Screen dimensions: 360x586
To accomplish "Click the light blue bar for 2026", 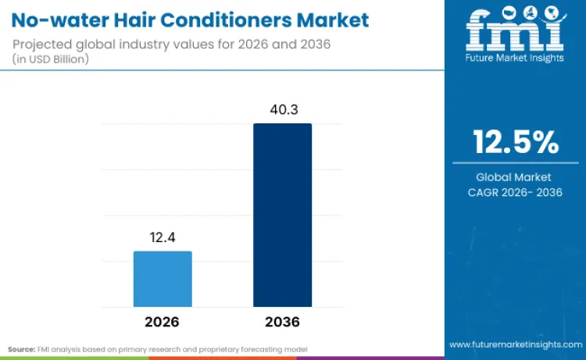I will click(x=163, y=278).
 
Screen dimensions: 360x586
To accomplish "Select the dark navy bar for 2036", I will click(x=282, y=215).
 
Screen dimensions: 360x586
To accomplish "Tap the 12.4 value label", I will click(x=163, y=237).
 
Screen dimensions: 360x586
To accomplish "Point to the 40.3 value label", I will click(x=282, y=109).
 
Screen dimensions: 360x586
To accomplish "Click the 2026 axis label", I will click(x=163, y=322).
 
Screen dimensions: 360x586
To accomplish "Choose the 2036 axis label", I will click(x=282, y=322).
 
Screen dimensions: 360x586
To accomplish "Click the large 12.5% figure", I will click(x=515, y=142).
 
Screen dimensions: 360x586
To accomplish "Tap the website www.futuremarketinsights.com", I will click(x=515, y=344).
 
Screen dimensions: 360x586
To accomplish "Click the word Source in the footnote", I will click(x=21, y=348).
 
